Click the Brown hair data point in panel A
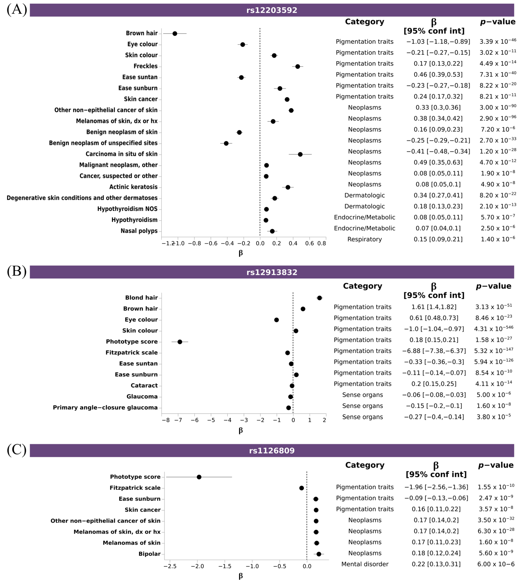click(175, 34)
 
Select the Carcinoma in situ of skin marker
click(300, 154)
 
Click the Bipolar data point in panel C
click(319, 554)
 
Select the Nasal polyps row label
click(139, 231)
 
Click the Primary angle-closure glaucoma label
click(105, 407)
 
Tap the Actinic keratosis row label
click(133, 187)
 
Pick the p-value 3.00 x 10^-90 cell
click(498, 107)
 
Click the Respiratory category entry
click(364, 239)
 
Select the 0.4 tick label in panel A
click(293, 243)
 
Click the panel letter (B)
click(17, 271)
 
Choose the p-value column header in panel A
click(497, 22)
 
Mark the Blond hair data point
click(319, 298)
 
